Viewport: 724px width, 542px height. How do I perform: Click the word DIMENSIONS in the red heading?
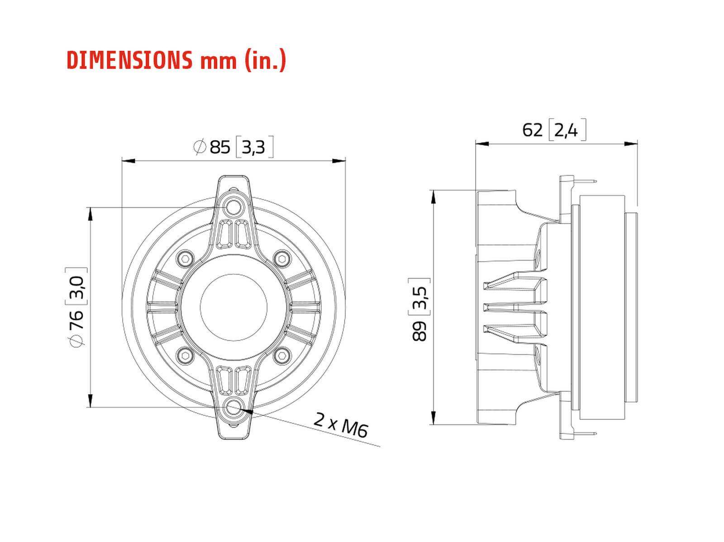click(129, 60)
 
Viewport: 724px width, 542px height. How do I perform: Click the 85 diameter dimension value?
click(220, 147)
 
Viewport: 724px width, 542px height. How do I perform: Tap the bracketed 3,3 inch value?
click(253, 147)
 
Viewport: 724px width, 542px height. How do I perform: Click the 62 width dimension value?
click(532, 130)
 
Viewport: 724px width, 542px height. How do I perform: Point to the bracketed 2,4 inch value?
click(566, 130)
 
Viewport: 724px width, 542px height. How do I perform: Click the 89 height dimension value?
click(420, 330)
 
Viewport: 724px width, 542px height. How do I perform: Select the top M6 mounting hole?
click(233, 208)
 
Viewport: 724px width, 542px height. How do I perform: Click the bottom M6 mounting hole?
click(233, 407)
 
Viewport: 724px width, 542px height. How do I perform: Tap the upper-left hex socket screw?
click(186, 259)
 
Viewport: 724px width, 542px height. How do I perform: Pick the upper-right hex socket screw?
click(282, 259)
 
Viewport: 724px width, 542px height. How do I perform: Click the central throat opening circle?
click(233, 307)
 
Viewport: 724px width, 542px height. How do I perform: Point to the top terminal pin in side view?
click(586, 181)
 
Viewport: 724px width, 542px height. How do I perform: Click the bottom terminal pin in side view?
click(586, 434)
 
